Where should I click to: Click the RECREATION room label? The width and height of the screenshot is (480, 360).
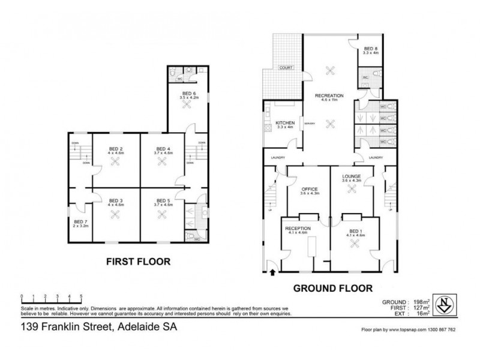point(329,95)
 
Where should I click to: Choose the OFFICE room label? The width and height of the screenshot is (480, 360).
point(308,190)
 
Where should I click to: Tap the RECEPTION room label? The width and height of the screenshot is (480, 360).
point(297,229)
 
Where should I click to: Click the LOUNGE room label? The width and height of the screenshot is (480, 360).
point(353,176)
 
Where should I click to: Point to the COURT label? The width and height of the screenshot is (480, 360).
point(285,68)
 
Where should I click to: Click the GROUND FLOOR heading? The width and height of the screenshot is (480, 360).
point(332,287)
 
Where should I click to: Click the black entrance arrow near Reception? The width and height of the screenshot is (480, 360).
point(274,273)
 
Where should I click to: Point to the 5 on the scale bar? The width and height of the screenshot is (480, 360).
point(80,296)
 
